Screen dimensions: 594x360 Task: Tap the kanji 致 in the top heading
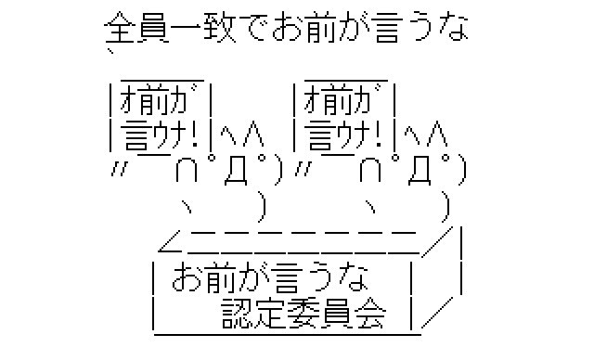click(220, 27)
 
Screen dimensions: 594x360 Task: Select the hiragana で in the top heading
click(252, 27)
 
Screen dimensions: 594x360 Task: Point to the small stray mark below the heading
click(110, 51)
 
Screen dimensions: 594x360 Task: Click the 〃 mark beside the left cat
click(119, 169)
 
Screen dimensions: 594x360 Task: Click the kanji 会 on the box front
click(370, 314)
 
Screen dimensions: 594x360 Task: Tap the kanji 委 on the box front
click(303, 314)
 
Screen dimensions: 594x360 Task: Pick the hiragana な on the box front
click(354, 278)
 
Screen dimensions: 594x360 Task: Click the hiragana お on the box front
click(187, 278)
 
